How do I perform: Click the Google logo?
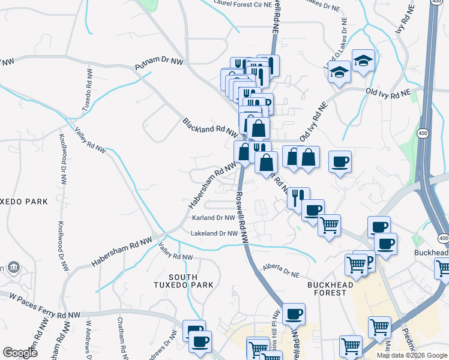[20, 352]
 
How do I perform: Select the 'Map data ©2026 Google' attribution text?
[411, 355]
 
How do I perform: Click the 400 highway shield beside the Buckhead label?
[443, 238]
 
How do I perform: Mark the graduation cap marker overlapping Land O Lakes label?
[339, 73]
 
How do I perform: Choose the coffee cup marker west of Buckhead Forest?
[294, 313]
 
